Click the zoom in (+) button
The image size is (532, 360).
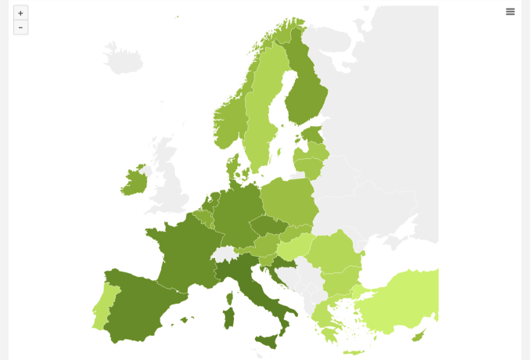tap(20, 13)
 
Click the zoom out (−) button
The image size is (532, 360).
tap(20, 27)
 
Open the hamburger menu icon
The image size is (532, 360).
tap(510, 12)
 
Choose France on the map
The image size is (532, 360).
tap(184, 250)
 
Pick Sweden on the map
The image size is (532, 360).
tap(262, 110)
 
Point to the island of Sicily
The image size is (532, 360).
tap(268, 340)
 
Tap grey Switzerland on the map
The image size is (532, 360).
tap(225, 255)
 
